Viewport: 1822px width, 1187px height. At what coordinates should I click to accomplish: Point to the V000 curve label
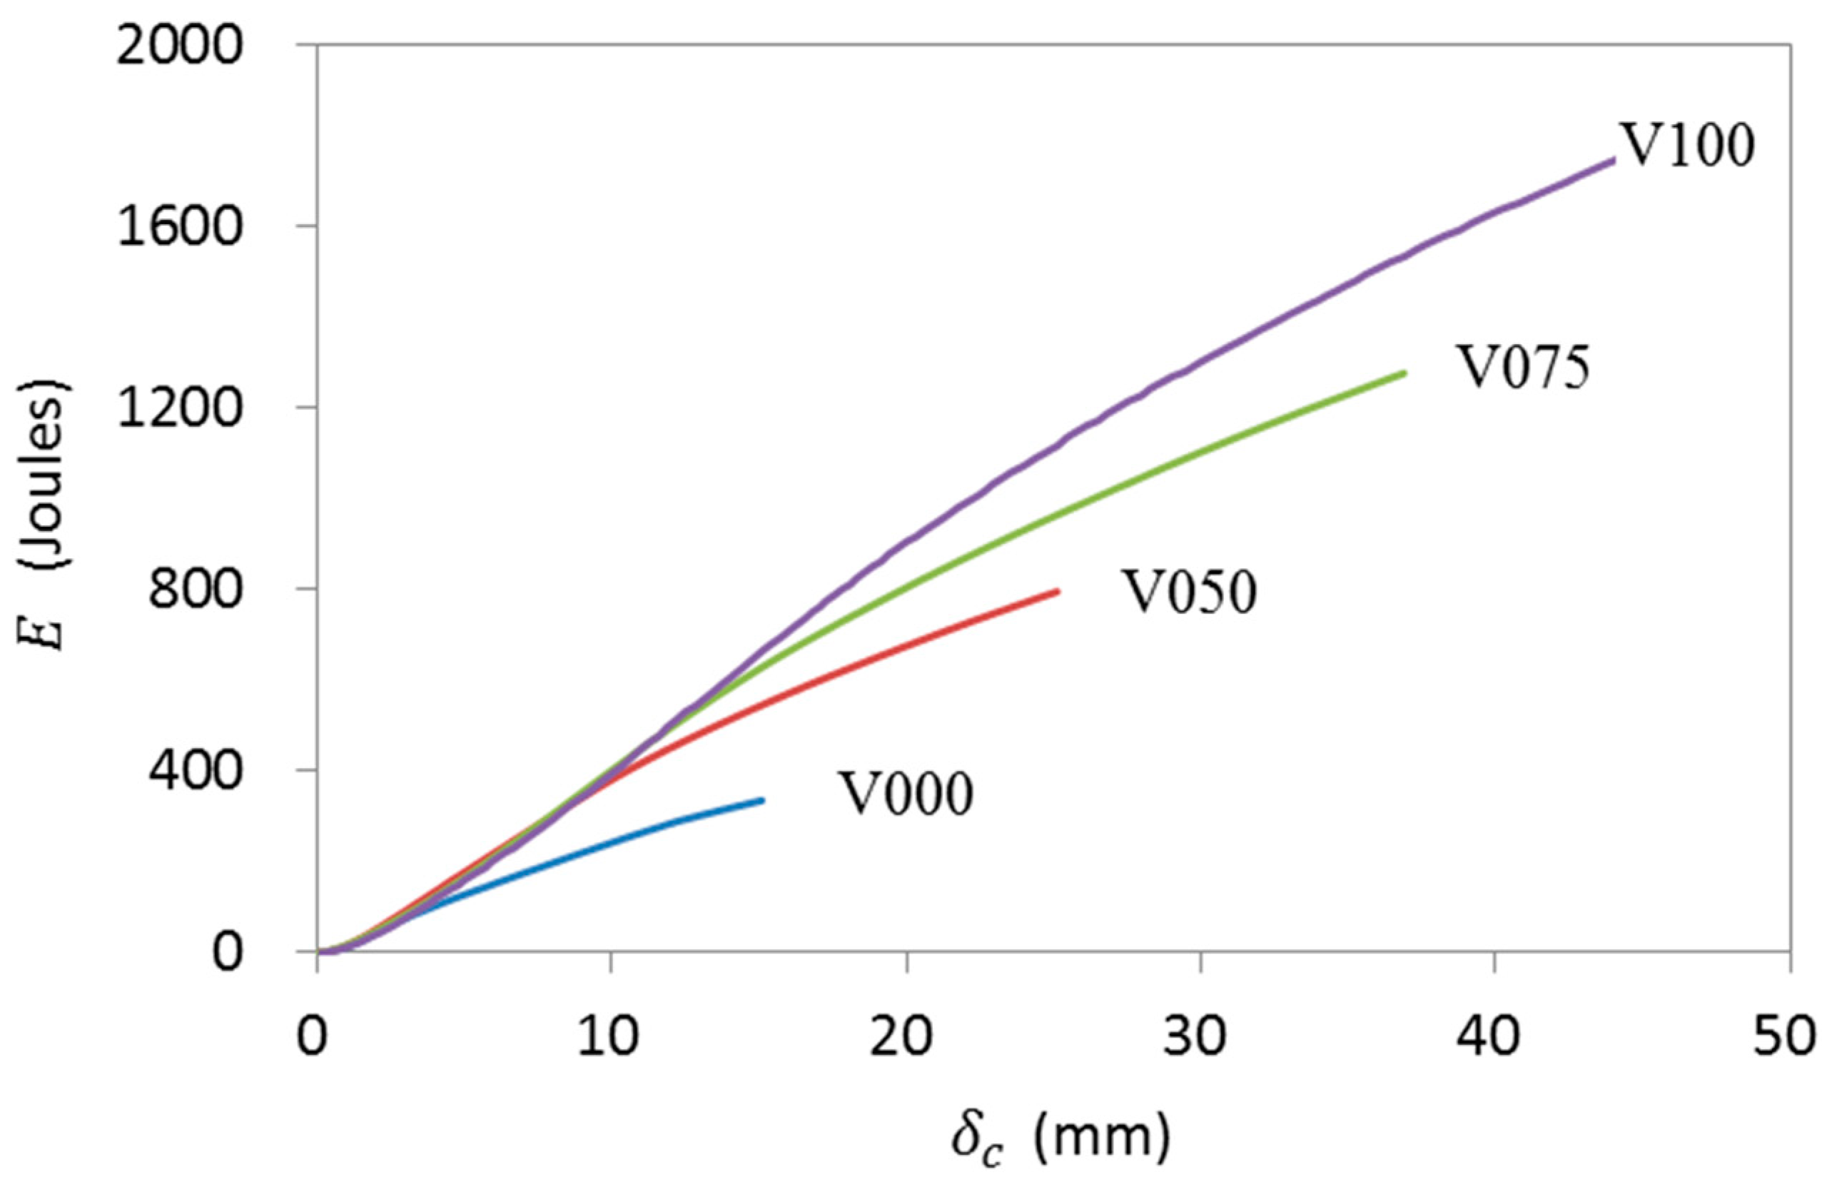coord(906,794)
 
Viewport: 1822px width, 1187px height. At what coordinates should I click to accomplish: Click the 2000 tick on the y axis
coord(177,48)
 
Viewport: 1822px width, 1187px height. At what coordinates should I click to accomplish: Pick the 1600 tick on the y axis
coord(177,228)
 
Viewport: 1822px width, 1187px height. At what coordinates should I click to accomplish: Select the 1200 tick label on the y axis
coord(177,410)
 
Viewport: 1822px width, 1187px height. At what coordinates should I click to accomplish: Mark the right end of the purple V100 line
coord(1613,160)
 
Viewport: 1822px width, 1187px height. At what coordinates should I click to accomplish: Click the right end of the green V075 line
coord(1405,373)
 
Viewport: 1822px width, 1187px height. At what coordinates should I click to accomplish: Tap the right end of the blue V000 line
coord(762,800)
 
